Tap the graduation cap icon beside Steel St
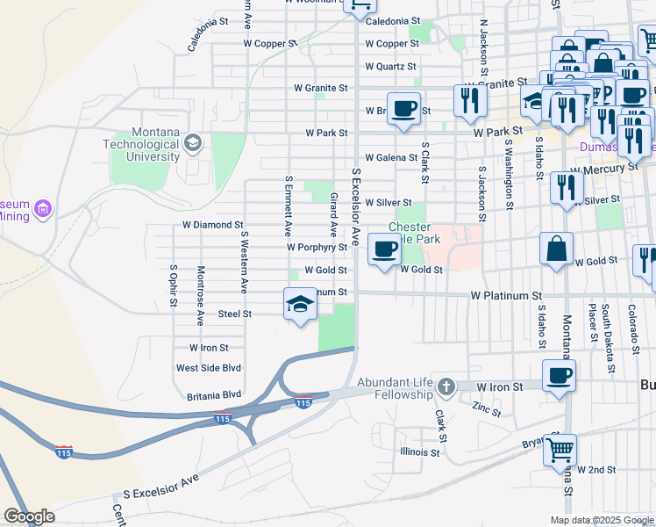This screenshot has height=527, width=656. (x=300, y=305)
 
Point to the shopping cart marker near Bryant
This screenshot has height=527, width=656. (x=560, y=451)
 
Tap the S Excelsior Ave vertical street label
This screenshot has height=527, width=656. (x=356, y=206)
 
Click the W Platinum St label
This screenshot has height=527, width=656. (x=506, y=297)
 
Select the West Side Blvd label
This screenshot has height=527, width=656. (x=209, y=369)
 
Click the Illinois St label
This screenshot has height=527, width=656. (x=419, y=452)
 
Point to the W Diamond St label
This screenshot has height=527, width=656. (x=212, y=226)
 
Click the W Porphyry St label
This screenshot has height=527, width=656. (x=317, y=249)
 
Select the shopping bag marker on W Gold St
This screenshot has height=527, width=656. (x=557, y=249)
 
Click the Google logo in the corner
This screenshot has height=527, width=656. (x=29, y=516)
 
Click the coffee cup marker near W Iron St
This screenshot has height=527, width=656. (x=559, y=377)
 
